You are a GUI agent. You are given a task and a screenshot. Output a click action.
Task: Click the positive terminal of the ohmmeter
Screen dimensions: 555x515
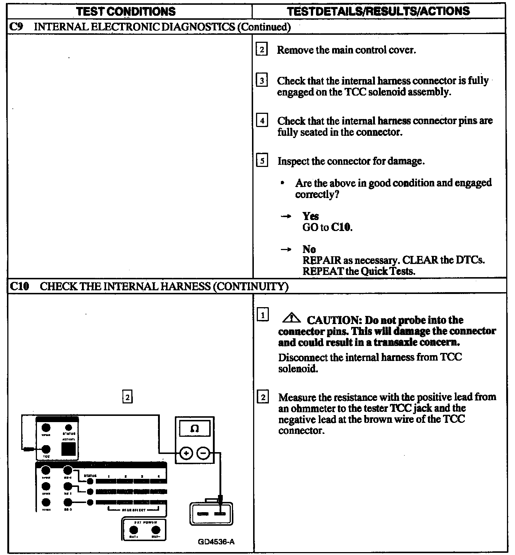point(186,454)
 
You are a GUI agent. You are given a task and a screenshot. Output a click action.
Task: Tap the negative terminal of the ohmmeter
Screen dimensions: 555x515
point(203,454)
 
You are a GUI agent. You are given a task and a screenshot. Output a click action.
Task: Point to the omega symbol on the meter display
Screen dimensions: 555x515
point(195,429)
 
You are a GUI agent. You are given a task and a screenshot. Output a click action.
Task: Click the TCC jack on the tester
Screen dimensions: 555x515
point(46,449)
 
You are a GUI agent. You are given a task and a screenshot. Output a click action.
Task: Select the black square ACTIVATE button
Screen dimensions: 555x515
point(68,449)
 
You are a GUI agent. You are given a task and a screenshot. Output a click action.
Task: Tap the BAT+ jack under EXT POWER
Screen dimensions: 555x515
point(134,530)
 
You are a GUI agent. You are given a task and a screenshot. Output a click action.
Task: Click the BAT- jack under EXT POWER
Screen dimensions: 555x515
point(156,530)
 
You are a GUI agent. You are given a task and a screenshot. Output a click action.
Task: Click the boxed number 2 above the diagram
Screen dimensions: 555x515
point(127,397)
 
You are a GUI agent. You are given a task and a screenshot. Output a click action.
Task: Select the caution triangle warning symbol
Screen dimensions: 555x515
point(291,318)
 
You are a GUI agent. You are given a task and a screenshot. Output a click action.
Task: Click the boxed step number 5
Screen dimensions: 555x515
point(262,161)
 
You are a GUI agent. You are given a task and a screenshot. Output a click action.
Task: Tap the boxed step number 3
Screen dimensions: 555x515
point(262,81)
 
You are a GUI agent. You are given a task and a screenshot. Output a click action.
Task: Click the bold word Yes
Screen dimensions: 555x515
point(311,216)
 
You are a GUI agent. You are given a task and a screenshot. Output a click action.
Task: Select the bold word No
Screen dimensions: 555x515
point(309,249)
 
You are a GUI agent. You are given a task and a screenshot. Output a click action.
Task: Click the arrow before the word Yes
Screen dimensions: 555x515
point(286,216)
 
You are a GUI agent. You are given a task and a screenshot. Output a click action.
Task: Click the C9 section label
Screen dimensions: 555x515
point(17,27)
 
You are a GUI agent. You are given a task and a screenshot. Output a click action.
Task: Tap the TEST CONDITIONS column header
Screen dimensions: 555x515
point(126,11)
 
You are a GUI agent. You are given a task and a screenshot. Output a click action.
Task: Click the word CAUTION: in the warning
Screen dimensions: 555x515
point(334,320)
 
